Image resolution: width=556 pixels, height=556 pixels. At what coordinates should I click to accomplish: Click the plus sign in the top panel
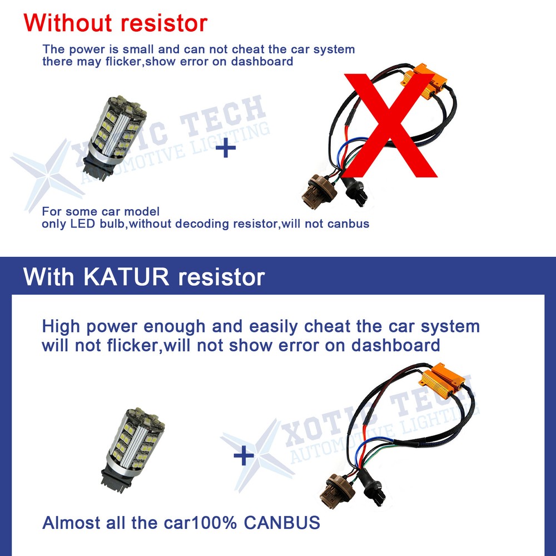[x=225, y=148]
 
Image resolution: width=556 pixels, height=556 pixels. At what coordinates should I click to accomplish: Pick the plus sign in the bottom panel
[x=243, y=456]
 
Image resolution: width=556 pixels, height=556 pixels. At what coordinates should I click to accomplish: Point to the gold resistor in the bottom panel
[x=442, y=381]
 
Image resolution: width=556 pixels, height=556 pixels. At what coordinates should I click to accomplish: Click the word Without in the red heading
[x=69, y=23]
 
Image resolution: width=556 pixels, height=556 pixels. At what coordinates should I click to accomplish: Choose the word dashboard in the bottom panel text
[x=395, y=345]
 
